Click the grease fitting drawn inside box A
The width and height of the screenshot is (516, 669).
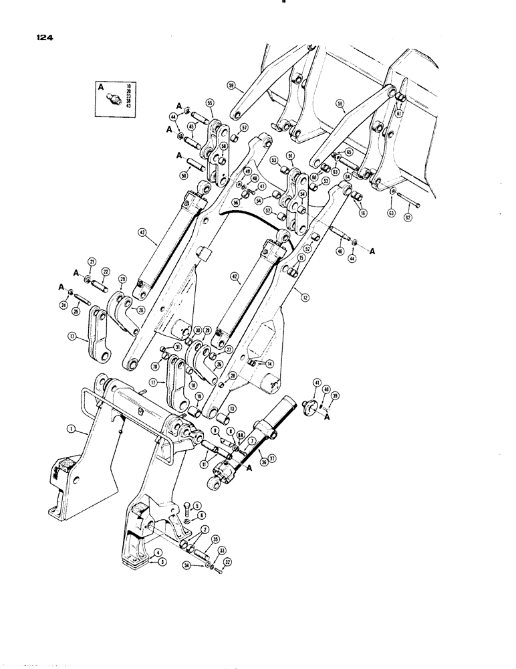114,97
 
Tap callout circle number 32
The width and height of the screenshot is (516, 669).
227,562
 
